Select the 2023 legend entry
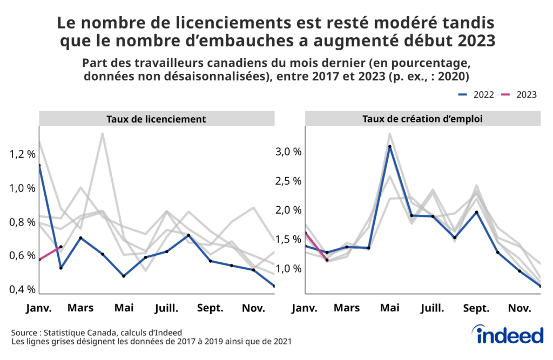click(x=518, y=94)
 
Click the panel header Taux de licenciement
click(x=156, y=119)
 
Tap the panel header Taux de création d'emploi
click(x=423, y=119)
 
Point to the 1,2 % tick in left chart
click(x=23, y=154)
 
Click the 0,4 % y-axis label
click(x=23, y=289)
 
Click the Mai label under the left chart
click(x=124, y=308)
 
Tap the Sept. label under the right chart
click(x=476, y=308)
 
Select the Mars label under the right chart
click(x=347, y=308)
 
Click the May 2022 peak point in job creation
click(x=389, y=146)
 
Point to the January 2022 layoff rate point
click(x=39, y=166)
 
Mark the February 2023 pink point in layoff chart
click(x=60, y=247)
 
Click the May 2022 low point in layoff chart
click(x=124, y=276)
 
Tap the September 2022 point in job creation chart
click(x=476, y=212)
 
